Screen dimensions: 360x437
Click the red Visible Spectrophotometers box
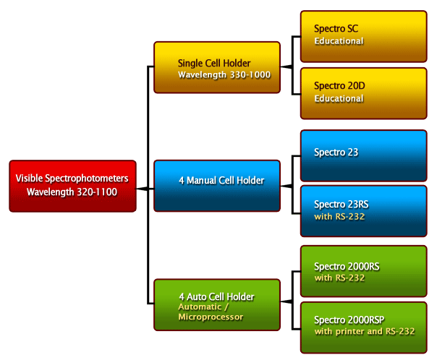tap(72, 186)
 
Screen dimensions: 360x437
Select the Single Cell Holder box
tap(217, 68)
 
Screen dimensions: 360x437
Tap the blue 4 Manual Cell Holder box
tap(217, 187)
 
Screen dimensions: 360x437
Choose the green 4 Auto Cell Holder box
tap(217, 304)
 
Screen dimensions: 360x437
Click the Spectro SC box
tap(363, 35)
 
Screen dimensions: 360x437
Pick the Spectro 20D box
tap(363, 93)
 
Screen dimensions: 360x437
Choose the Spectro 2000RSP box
tap(363, 327)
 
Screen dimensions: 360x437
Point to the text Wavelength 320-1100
tap(72, 192)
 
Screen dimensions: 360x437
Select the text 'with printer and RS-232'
tap(365, 332)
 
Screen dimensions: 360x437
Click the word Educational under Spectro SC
tap(339, 41)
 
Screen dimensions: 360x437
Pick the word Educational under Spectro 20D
tap(339, 98)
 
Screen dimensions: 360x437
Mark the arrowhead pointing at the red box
tap(140, 188)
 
